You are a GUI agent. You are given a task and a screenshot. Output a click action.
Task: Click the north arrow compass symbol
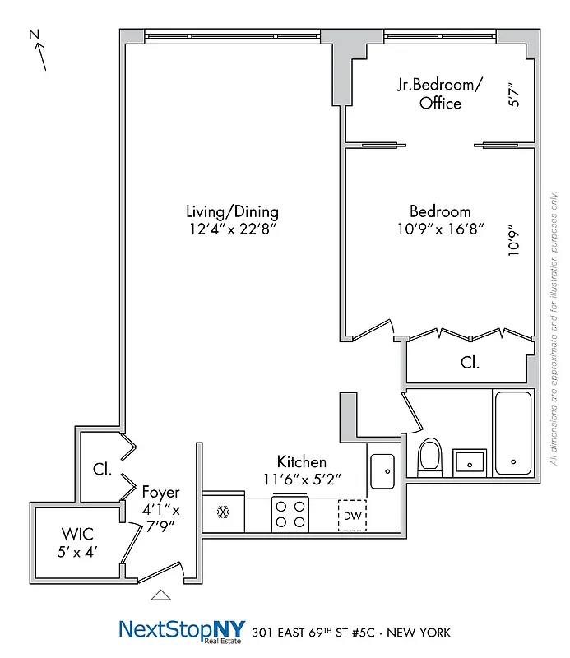pyautogui.click(x=38, y=49)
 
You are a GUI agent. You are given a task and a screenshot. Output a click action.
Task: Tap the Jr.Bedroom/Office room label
pyautogui.click(x=440, y=95)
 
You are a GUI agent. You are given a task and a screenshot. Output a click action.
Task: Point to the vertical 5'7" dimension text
pyautogui.click(x=515, y=93)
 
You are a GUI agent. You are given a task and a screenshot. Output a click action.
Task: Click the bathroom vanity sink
pyautogui.click(x=470, y=462)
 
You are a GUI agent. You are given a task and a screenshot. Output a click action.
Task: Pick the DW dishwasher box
pyautogui.click(x=352, y=516)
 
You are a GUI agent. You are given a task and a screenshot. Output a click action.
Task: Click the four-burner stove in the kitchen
pyautogui.click(x=290, y=514)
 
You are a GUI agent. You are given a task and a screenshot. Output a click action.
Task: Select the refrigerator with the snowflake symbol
pyautogui.click(x=221, y=512)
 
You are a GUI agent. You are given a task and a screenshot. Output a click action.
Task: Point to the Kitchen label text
pyautogui.click(x=301, y=462)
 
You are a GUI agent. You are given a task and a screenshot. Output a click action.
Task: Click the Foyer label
pyautogui.click(x=160, y=493)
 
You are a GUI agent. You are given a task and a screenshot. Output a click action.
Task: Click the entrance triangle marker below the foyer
pyautogui.click(x=162, y=595)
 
